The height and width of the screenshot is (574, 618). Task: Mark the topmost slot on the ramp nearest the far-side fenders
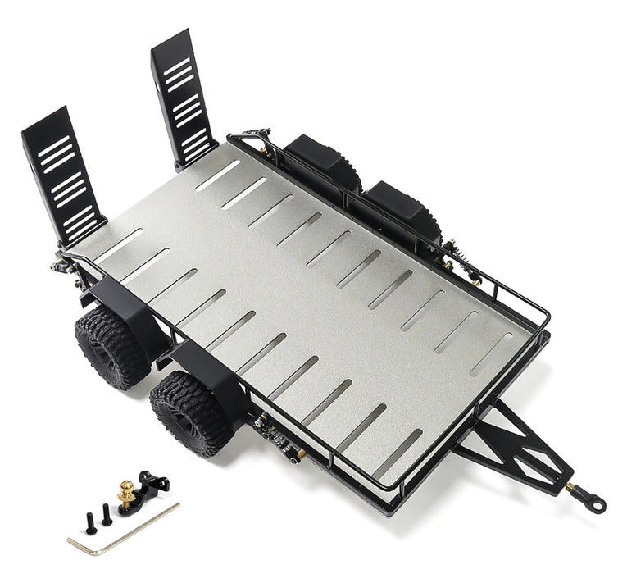[x=177, y=66]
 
